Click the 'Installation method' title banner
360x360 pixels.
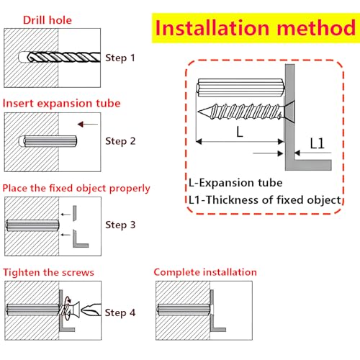click(256, 28)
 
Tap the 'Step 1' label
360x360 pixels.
click(120, 58)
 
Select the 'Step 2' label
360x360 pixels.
click(120, 141)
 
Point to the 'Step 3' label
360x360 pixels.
click(120, 225)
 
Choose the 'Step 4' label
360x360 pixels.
click(120, 312)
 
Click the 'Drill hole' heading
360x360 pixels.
click(48, 20)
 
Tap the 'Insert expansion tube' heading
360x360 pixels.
click(61, 104)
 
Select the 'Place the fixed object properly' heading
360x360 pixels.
click(76, 189)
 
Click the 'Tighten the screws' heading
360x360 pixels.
click(48, 272)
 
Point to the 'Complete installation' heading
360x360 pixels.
click(205, 272)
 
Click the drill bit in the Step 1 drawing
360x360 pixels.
click(64, 57)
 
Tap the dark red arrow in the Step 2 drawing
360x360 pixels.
click(88, 124)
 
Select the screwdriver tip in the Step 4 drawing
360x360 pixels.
click(91, 310)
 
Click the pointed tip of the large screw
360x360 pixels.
click(199, 112)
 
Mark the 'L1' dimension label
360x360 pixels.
click(317, 143)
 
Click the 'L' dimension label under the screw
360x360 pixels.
click(240, 132)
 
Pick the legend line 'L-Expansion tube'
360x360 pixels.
click(235, 183)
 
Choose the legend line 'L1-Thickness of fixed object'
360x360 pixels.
click(265, 200)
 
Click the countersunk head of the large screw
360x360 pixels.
click(289, 112)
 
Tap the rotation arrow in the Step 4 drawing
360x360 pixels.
click(69, 300)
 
